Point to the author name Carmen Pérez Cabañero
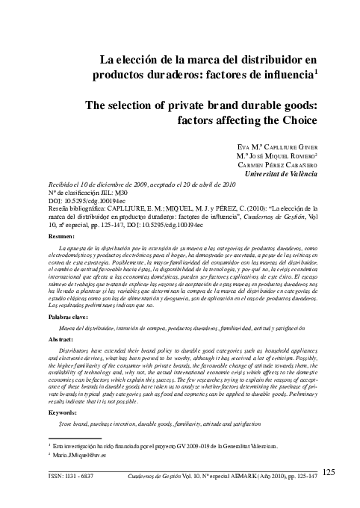(277, 165)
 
